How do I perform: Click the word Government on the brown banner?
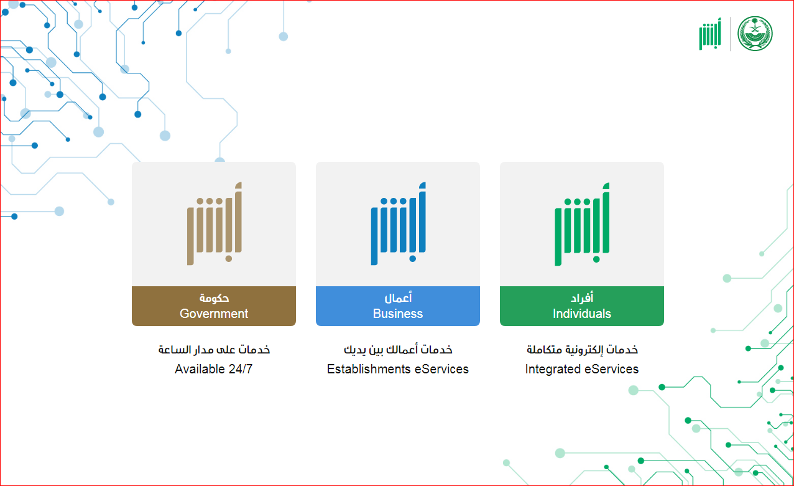click(x=214, y=314)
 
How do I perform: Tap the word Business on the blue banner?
click(x=398, y=314)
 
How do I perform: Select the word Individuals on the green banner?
click(x=582, y=314)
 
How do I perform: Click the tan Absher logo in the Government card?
click(x=215, y=223)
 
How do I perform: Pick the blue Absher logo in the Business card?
click(x=399, y=223)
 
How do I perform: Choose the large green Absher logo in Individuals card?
click(x=582, y=224)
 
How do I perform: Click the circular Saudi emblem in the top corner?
click(x=755, y=34)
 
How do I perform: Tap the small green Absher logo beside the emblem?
click(x=710, y=34)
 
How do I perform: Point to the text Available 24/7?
click(x=213, y=369)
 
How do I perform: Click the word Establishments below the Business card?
click(x=369, y=369)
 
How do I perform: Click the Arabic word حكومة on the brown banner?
click(x=214, y=298)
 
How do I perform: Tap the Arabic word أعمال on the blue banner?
click(x=398, y=297)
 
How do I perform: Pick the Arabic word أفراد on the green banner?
click(x=582, y=297)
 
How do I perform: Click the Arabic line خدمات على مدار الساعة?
click(x=214, y=350)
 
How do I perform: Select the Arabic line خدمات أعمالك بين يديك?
click(x=398, y=350)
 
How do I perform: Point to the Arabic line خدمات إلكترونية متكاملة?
click(x=582, y=350)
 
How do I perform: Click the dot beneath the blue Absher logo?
click(x=413, y=259)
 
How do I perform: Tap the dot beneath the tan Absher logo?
click(x=229, y=259)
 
